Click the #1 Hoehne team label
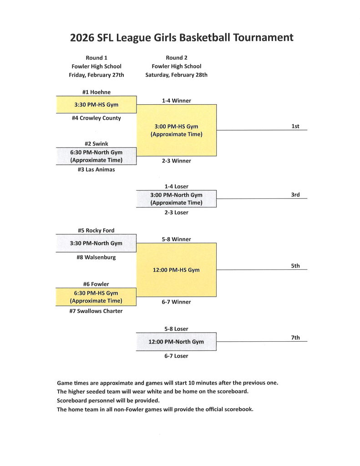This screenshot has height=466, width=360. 96,92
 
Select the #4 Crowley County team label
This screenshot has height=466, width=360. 96,118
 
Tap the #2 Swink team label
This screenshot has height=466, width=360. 96,144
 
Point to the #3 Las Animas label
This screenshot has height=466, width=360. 96,169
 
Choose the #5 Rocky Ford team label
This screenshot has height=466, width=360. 96,230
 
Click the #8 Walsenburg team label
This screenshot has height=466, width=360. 96,257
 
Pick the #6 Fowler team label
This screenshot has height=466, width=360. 96,284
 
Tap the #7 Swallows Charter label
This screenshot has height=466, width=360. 96,311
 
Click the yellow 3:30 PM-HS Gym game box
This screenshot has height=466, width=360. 96,105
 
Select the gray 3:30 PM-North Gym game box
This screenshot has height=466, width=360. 96,243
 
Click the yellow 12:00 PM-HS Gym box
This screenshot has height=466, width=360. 176,270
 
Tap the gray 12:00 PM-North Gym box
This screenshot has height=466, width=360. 176,342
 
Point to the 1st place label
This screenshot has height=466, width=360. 295,126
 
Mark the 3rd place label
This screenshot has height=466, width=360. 295,195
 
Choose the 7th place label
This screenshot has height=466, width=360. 295,338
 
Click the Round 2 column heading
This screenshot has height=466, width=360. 176,58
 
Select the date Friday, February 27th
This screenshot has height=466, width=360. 96,75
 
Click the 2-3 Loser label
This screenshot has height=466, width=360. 176,213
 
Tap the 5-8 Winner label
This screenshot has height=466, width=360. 176,239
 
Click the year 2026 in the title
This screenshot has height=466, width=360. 82,38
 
